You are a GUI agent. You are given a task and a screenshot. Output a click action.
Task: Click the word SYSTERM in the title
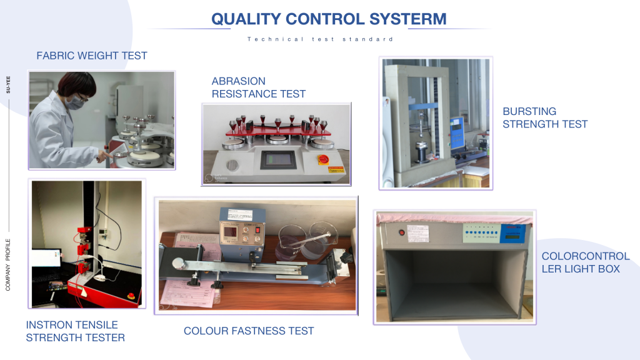(407, 19)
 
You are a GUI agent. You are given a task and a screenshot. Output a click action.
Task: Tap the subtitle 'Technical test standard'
(321, 39)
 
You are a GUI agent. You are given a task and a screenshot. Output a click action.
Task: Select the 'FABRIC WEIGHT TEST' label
(92, 56)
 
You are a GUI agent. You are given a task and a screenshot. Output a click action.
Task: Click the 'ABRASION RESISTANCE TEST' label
(258, 87)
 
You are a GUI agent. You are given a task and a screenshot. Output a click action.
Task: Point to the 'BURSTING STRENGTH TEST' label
(545, 117)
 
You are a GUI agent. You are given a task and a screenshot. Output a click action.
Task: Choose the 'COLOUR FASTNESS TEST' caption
(249, 331)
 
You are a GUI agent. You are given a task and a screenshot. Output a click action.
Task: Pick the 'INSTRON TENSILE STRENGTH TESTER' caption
(76, 331)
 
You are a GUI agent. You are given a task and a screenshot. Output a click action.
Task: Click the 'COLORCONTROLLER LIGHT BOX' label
(585, 262)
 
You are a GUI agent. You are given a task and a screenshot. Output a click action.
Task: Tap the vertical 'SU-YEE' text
(8, 84)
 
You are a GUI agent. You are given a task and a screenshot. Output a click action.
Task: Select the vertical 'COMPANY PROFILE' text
(7, 264)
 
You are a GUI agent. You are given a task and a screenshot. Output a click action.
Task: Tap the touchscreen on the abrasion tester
(277, 159)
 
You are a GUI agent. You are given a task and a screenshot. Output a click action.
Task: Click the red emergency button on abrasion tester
(323, 159)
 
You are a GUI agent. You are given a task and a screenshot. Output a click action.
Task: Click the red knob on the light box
(402, 232)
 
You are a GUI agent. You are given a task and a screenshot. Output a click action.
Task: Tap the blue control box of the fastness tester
(242, 226)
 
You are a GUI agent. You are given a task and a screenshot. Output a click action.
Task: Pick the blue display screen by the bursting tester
(457, 132)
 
